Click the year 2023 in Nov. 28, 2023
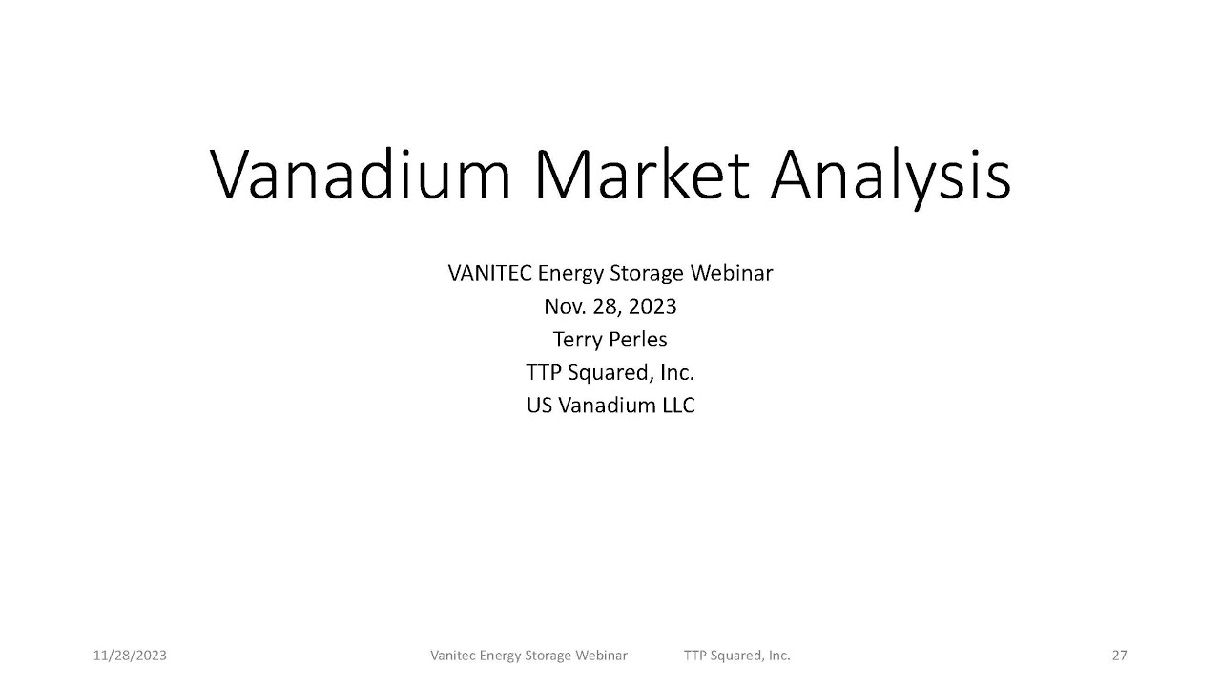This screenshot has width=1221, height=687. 652,306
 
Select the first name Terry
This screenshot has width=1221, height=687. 575,339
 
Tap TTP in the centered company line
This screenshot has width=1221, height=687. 543,372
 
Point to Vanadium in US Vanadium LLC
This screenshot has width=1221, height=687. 607,405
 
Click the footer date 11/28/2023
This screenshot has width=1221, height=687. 130,656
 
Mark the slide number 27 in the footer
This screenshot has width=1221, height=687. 1119,656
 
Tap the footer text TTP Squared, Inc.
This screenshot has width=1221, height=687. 736,656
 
